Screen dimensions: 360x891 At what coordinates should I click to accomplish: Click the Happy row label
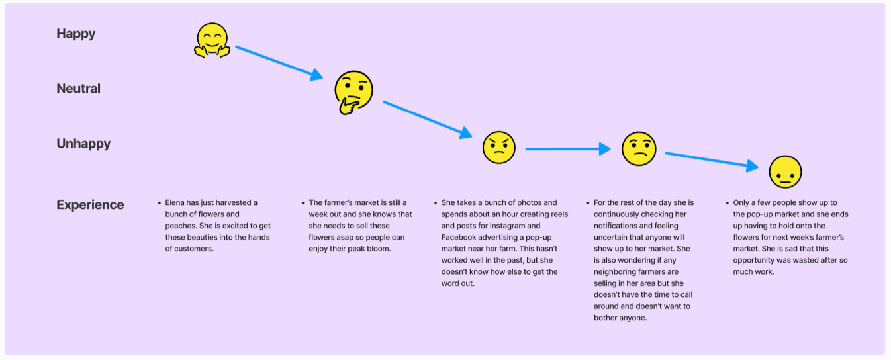[75, 34]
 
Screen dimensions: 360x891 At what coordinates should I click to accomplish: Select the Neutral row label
[78, 89]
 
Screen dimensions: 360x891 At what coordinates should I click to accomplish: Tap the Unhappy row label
[83, 144]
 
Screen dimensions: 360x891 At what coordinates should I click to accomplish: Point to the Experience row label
[90, 204]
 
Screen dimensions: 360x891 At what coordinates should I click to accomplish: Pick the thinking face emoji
[353, 93]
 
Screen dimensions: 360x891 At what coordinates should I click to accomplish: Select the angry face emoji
[498, 148]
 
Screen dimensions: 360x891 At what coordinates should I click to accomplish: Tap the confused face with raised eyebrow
[638, 148]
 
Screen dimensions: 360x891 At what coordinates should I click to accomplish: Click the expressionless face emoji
[785, 172]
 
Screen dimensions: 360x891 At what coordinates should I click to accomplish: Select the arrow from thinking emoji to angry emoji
[427, 119]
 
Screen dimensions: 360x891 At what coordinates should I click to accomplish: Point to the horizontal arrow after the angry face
[567, 149]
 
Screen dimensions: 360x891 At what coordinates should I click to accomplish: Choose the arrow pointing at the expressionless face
[712, 160]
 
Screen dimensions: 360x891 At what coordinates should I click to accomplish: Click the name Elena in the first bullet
[176, 203]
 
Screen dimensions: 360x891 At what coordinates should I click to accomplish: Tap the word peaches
[179, 226]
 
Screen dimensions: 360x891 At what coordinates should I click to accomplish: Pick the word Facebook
[461, 238]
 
